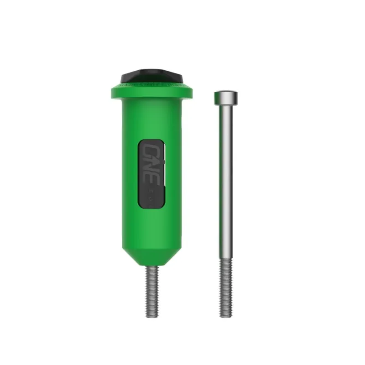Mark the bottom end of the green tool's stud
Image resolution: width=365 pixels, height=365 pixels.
click(152, 316)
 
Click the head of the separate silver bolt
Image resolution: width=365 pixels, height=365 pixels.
click(226, 97)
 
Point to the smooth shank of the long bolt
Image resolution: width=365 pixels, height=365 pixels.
click(226, 182)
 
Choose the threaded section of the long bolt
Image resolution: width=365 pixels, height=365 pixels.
click(225, 287)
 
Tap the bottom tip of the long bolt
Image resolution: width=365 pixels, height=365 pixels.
click(225, 316)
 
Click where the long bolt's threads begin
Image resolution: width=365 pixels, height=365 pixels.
click(225, 260)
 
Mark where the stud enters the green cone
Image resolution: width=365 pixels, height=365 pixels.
click(152, 266)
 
